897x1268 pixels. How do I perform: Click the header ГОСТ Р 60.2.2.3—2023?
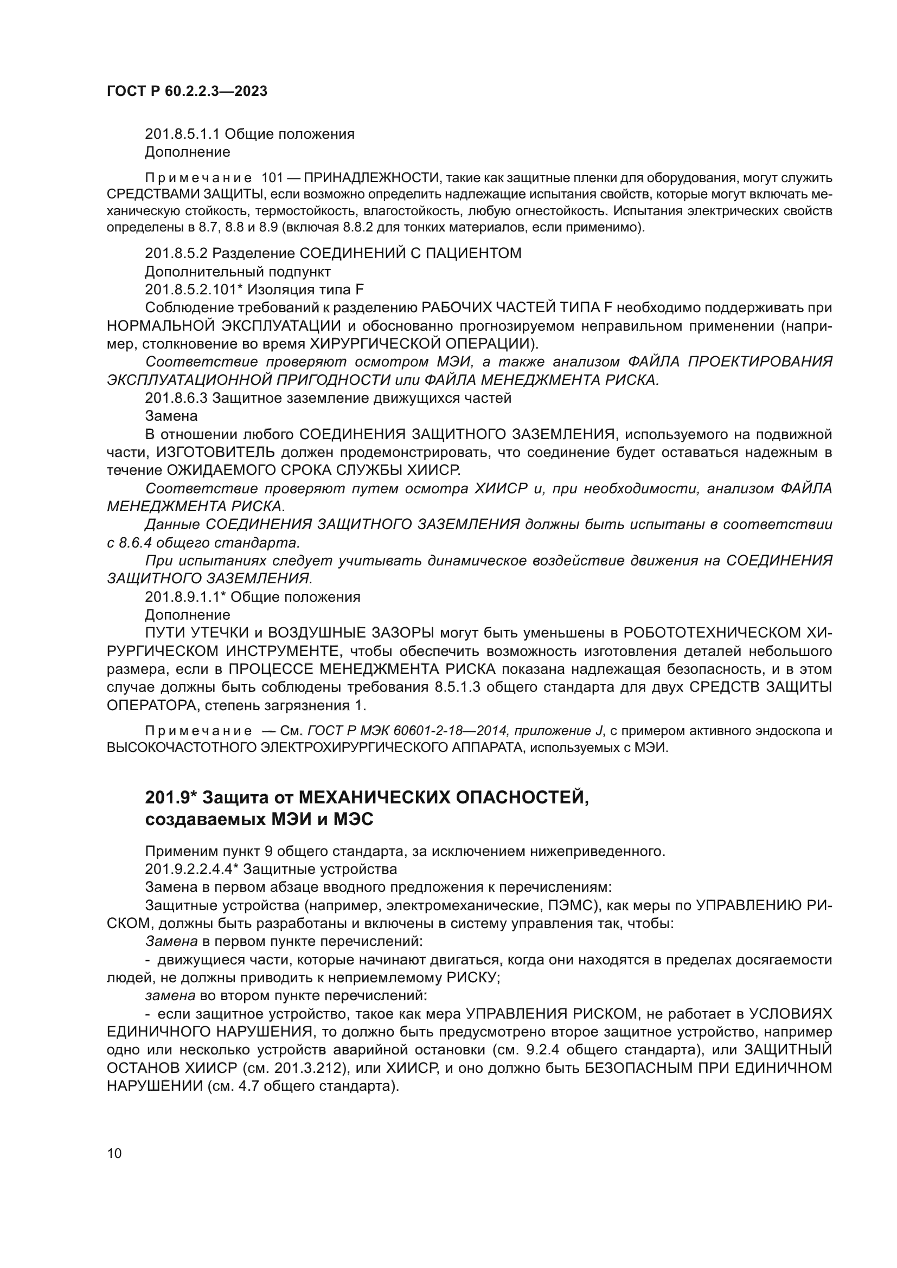pyautogui.click(x=187, y=92)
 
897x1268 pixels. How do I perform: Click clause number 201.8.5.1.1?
pyautogui.click(x=182, y=134)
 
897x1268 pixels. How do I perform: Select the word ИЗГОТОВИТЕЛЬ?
pyautogui.click(x=215, y=452)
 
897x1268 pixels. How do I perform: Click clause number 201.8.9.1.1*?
pyautogui.click(x=185, y=597)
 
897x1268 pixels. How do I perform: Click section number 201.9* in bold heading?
pyautogui.click(x=171, y=797)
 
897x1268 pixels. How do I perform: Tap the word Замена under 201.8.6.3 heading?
pyautogui.click(x=171, y=415)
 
